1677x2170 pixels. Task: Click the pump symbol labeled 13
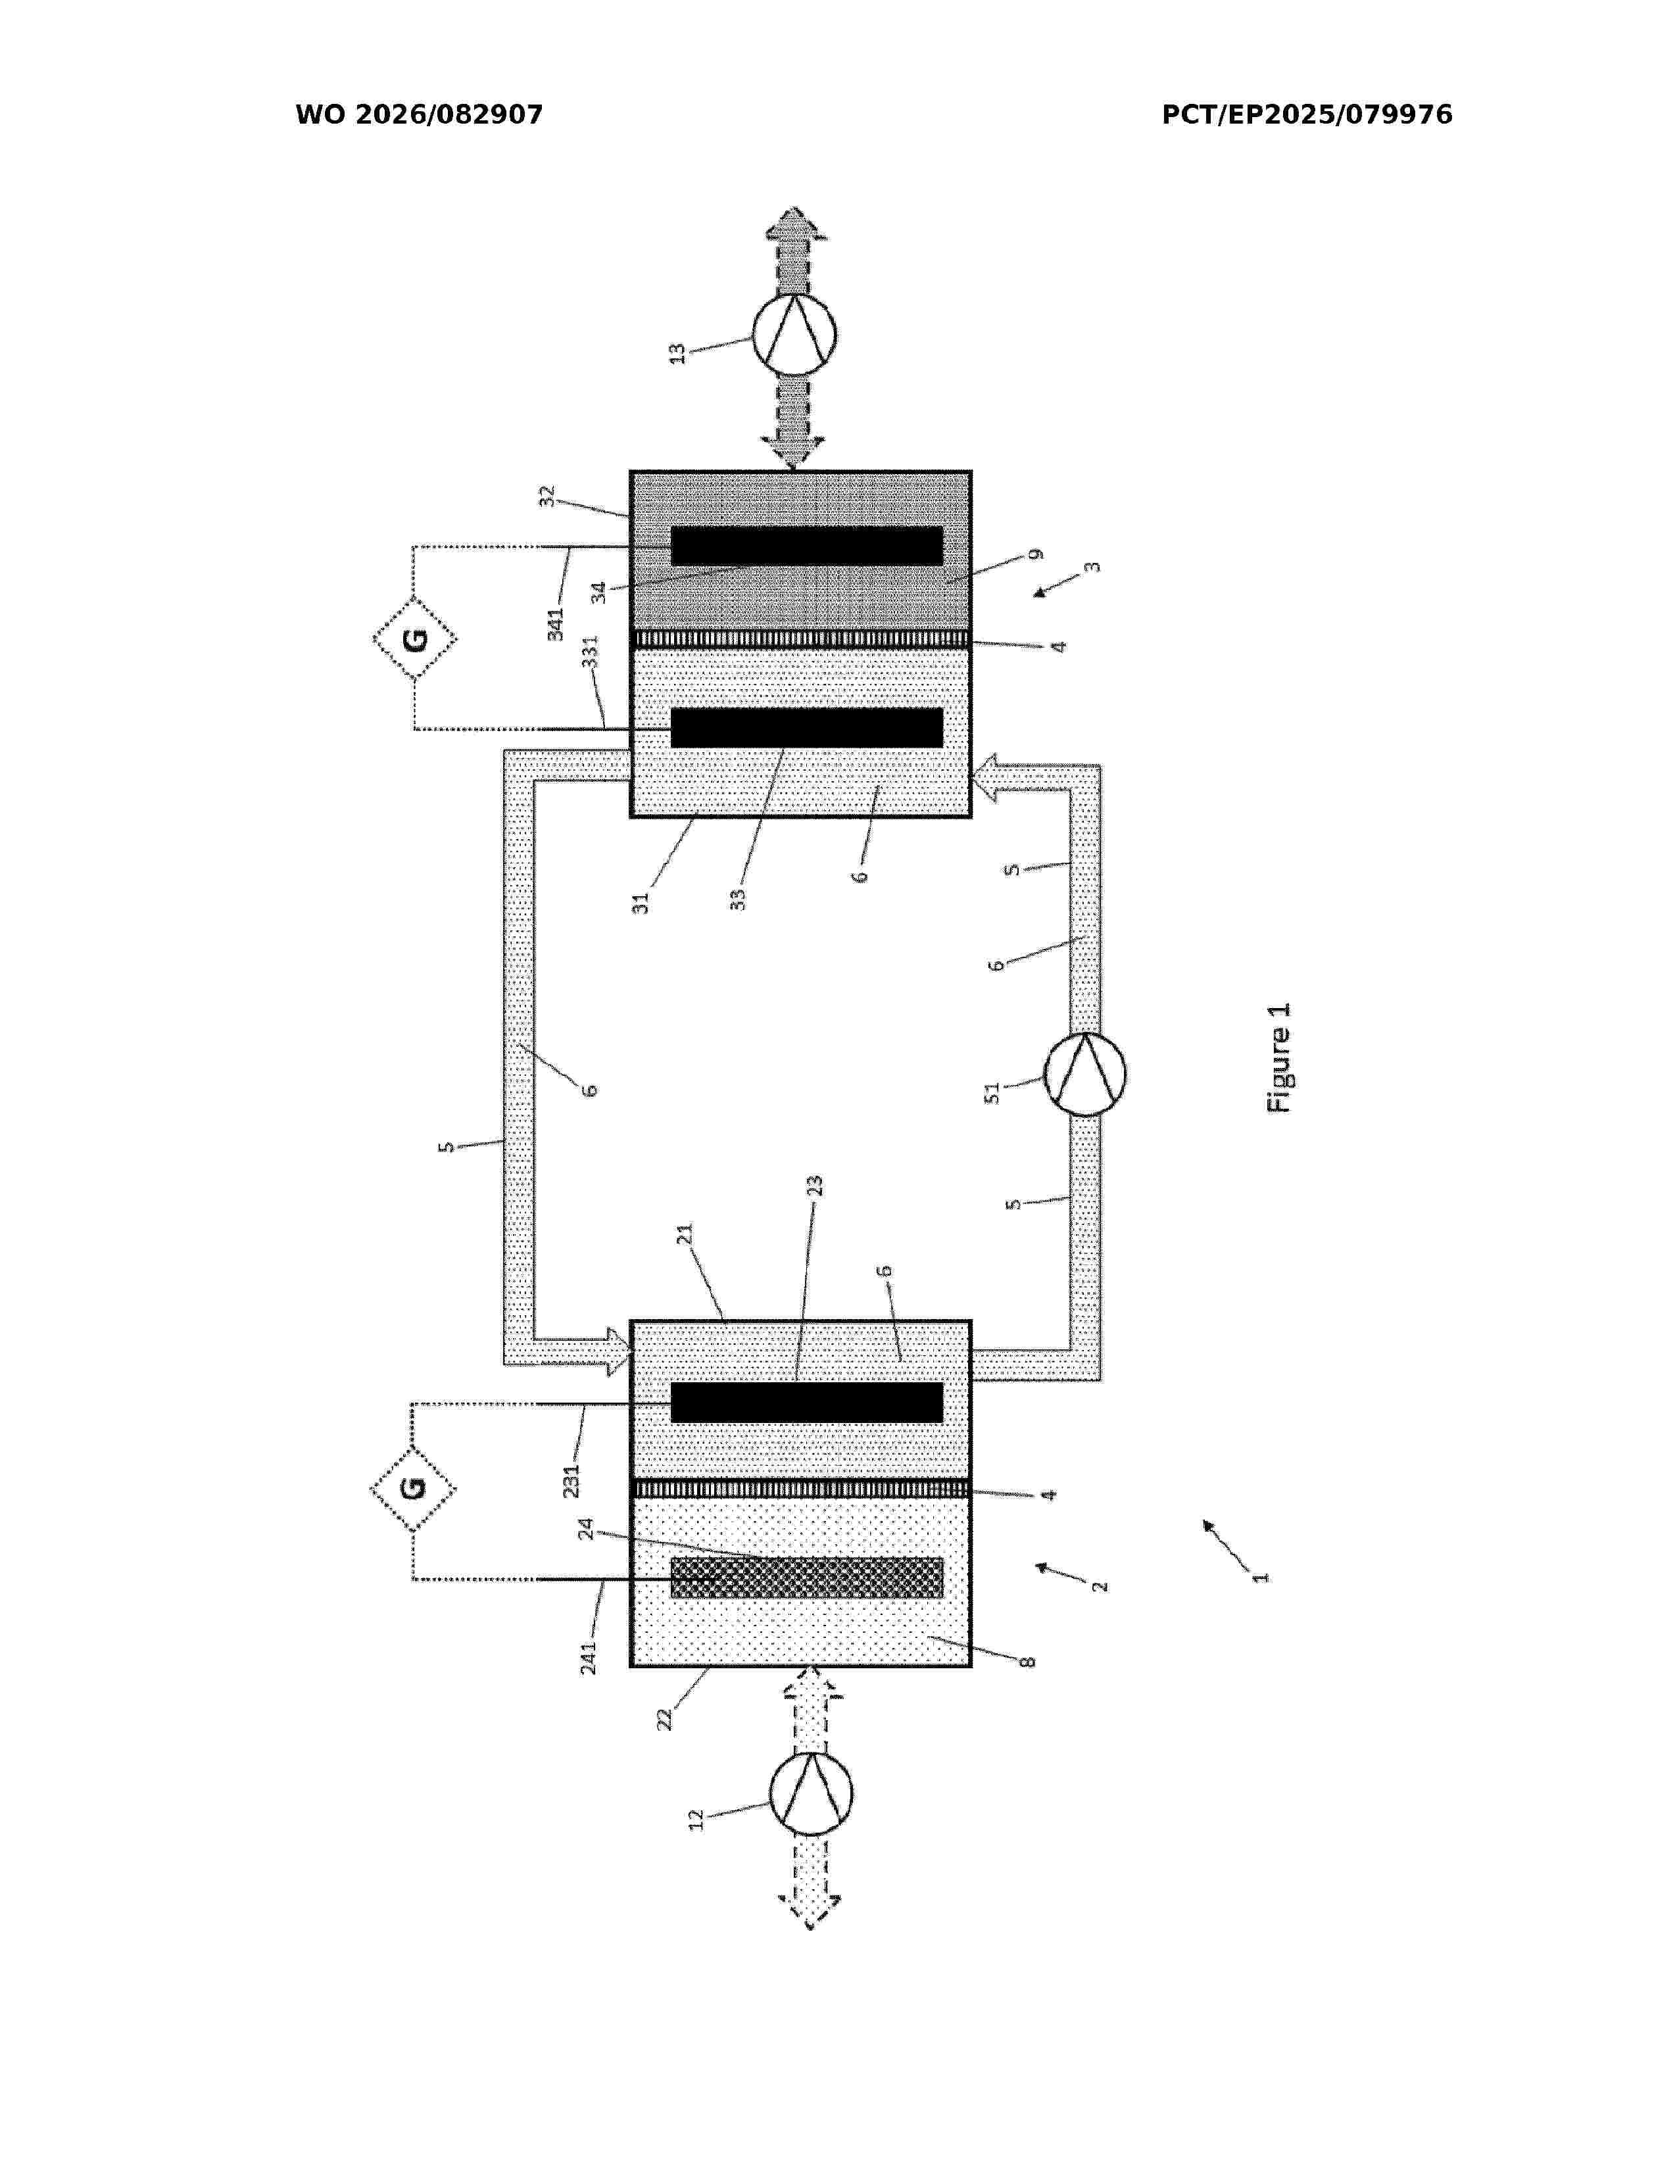click(x=793, y=334)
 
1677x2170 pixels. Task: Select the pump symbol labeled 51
click(x=1085, y=1074)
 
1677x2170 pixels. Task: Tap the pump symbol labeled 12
click(x=811, y=1793)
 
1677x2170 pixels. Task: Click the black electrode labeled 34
click(x=807, y=546)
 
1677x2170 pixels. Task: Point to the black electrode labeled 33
click(x=807, y=727)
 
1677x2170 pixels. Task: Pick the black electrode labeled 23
click(x=807, y=1402)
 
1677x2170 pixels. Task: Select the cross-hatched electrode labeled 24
click(x=807, y=1578)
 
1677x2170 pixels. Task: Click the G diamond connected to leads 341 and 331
click(x=415, y=638)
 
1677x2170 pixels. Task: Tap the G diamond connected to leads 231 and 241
click(x=413, y=1488)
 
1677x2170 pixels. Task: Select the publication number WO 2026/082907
click(x=420, y=115)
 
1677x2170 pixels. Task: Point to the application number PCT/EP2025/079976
click(x=1307, y=115)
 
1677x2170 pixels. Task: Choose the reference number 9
click(x=1036, y=554)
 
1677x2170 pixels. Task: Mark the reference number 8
click(x=1029, y=1661)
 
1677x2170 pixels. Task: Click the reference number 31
click(x=641, y=903)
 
